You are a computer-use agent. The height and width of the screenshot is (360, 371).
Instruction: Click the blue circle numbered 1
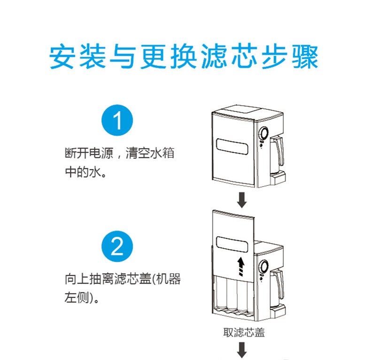118,120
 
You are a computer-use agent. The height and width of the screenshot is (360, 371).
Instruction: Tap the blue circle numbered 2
118,246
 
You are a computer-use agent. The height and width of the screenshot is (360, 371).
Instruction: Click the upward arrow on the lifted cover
241,266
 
